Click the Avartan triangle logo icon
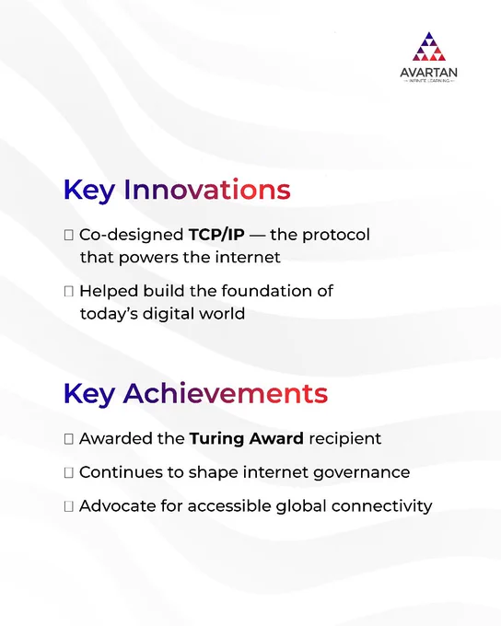click(x=428, y=47)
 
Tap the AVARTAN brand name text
click(x=428, y=73)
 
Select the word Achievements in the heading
click(x=226, y=393)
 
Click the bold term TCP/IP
click(x=216, y=235)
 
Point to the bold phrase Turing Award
click(x=247, y=439)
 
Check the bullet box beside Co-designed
click(x=69, y=235)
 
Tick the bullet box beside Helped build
click(x=69, y=292)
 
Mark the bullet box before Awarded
click(x=69, y=439)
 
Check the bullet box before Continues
click(x=69, y=472)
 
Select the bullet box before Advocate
click(x=69, y=506)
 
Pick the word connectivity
click(x=382, y=506)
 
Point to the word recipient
click(x=345, y=439)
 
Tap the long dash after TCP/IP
click(x=257, y=235)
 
